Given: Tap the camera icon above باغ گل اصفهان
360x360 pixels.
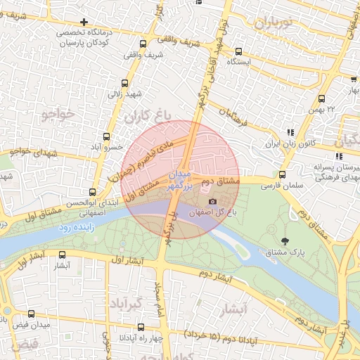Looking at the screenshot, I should click(212, 202).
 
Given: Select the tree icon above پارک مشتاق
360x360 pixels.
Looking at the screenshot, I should click(284, 241).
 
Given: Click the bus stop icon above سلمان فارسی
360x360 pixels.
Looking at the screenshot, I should click(282, 175).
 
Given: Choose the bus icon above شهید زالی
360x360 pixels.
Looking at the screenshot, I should click(125, 82).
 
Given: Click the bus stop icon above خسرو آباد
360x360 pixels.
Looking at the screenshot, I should click(106, 136).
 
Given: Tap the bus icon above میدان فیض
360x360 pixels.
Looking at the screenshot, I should click(30, 314).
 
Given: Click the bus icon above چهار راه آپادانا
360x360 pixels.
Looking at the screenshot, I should click(140, 327).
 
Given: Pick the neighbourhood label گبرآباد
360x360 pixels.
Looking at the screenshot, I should click(127, 304).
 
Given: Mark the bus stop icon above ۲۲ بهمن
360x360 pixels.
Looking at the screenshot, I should click(322, 99).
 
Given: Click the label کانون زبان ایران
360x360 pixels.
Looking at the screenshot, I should click(290, 143).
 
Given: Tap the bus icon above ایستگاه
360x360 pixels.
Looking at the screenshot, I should click(239, 51).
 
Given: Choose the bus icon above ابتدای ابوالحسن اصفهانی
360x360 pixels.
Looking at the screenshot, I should click(92, 191).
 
